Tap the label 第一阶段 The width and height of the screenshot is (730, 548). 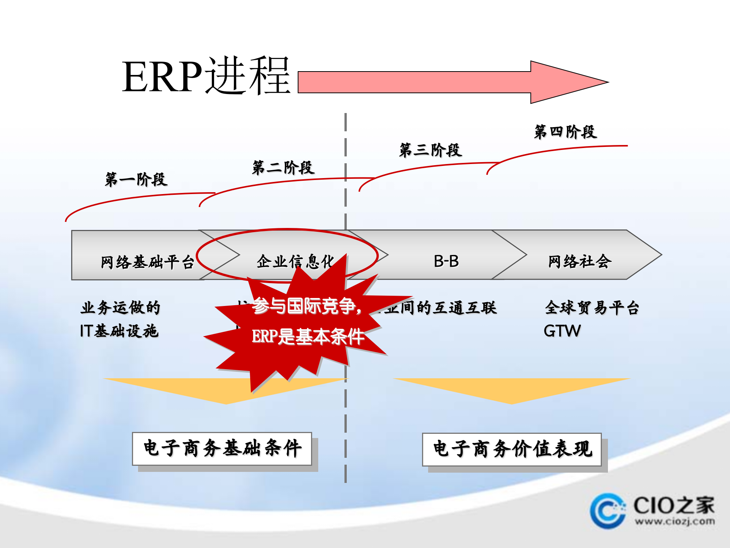136,179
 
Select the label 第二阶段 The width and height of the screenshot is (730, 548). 283,167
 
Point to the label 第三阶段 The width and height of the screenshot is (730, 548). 430,150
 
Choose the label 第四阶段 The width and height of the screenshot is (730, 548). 565,132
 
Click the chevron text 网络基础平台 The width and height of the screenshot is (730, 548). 148,262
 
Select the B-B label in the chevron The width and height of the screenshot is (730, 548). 446,261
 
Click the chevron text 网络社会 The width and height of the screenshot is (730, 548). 579,261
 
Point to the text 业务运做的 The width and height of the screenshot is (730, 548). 121,307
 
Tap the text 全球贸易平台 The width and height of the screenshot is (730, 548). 592,307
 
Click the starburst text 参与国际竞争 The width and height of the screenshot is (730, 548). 306,306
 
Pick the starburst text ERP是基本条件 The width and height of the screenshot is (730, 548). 308,336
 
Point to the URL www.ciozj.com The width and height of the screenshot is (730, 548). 674,521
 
